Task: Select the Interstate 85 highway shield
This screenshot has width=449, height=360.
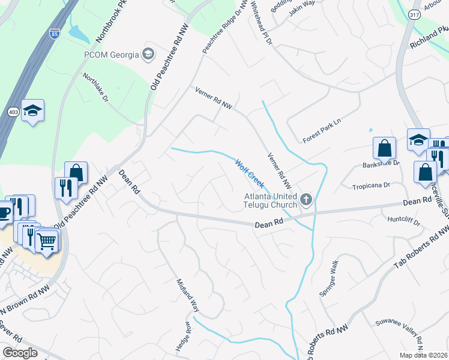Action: [x=55, y=34]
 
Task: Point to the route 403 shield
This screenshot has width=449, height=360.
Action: [x=13, y=112]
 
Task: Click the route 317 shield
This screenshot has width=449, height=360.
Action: [x=414, y=15]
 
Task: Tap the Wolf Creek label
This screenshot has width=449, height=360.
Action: [x=249, y=173]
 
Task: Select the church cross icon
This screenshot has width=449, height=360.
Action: [x=306, y=199]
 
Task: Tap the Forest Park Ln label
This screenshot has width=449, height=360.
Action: [x=322, y=130]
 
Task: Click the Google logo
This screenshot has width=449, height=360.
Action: [x=20, y=352]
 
